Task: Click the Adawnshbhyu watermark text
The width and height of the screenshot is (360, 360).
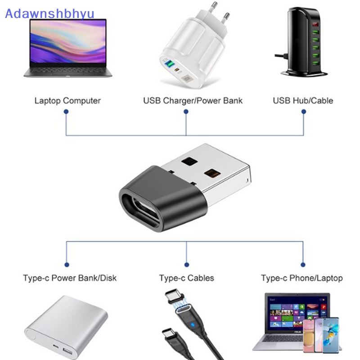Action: click(49, 14)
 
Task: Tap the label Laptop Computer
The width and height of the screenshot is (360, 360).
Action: click(67, 100)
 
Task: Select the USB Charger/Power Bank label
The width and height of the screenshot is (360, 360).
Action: click(193, 100)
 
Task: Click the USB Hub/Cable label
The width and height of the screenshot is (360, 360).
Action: click(303, 100)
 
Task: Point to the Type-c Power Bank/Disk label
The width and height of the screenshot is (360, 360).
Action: click(70, 278)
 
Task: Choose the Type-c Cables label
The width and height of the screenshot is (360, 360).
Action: click(187, 278)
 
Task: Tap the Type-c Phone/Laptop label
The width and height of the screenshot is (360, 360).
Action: click(302, 278)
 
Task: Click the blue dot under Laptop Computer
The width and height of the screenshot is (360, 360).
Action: click(66, 112)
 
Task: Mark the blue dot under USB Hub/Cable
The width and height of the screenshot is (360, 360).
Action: click(303, 112)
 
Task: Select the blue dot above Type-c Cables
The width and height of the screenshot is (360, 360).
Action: click(187, 265)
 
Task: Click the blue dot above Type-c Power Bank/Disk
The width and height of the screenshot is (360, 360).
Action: click(67, 265)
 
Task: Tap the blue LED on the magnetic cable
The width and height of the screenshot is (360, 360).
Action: click(193, 325)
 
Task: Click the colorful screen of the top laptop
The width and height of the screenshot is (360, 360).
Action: click(68, 41)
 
